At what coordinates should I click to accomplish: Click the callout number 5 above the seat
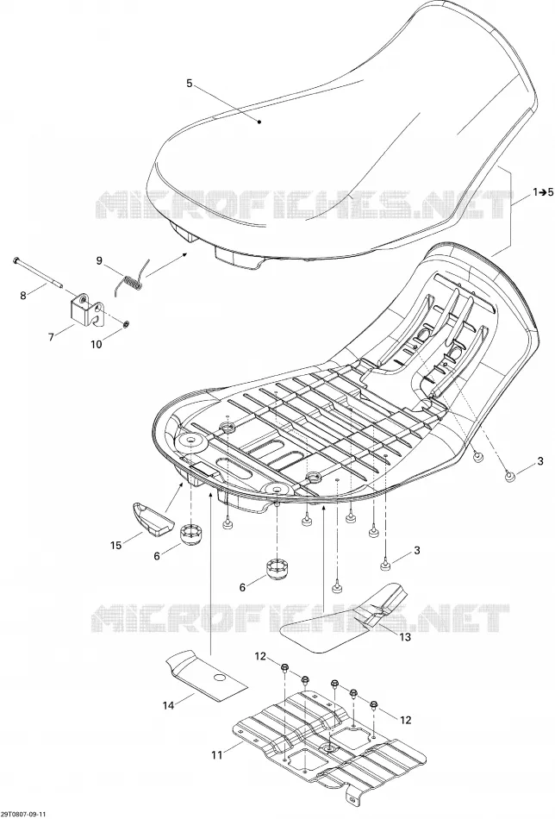pos(189,83)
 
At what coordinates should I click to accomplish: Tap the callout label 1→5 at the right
pos(543,193)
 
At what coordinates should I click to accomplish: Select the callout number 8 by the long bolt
pos(23,296)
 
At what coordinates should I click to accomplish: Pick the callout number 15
pos(115,546)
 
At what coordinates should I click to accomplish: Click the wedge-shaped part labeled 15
pos(152,519)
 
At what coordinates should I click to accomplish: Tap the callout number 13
pos(405,637)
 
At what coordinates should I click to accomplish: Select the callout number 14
pos(167,705)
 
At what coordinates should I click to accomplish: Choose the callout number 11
pos(216,754)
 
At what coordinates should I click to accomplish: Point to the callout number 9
pos(99,260)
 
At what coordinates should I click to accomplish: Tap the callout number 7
pos(51,337)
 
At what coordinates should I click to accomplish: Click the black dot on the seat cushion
pos(259,122)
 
